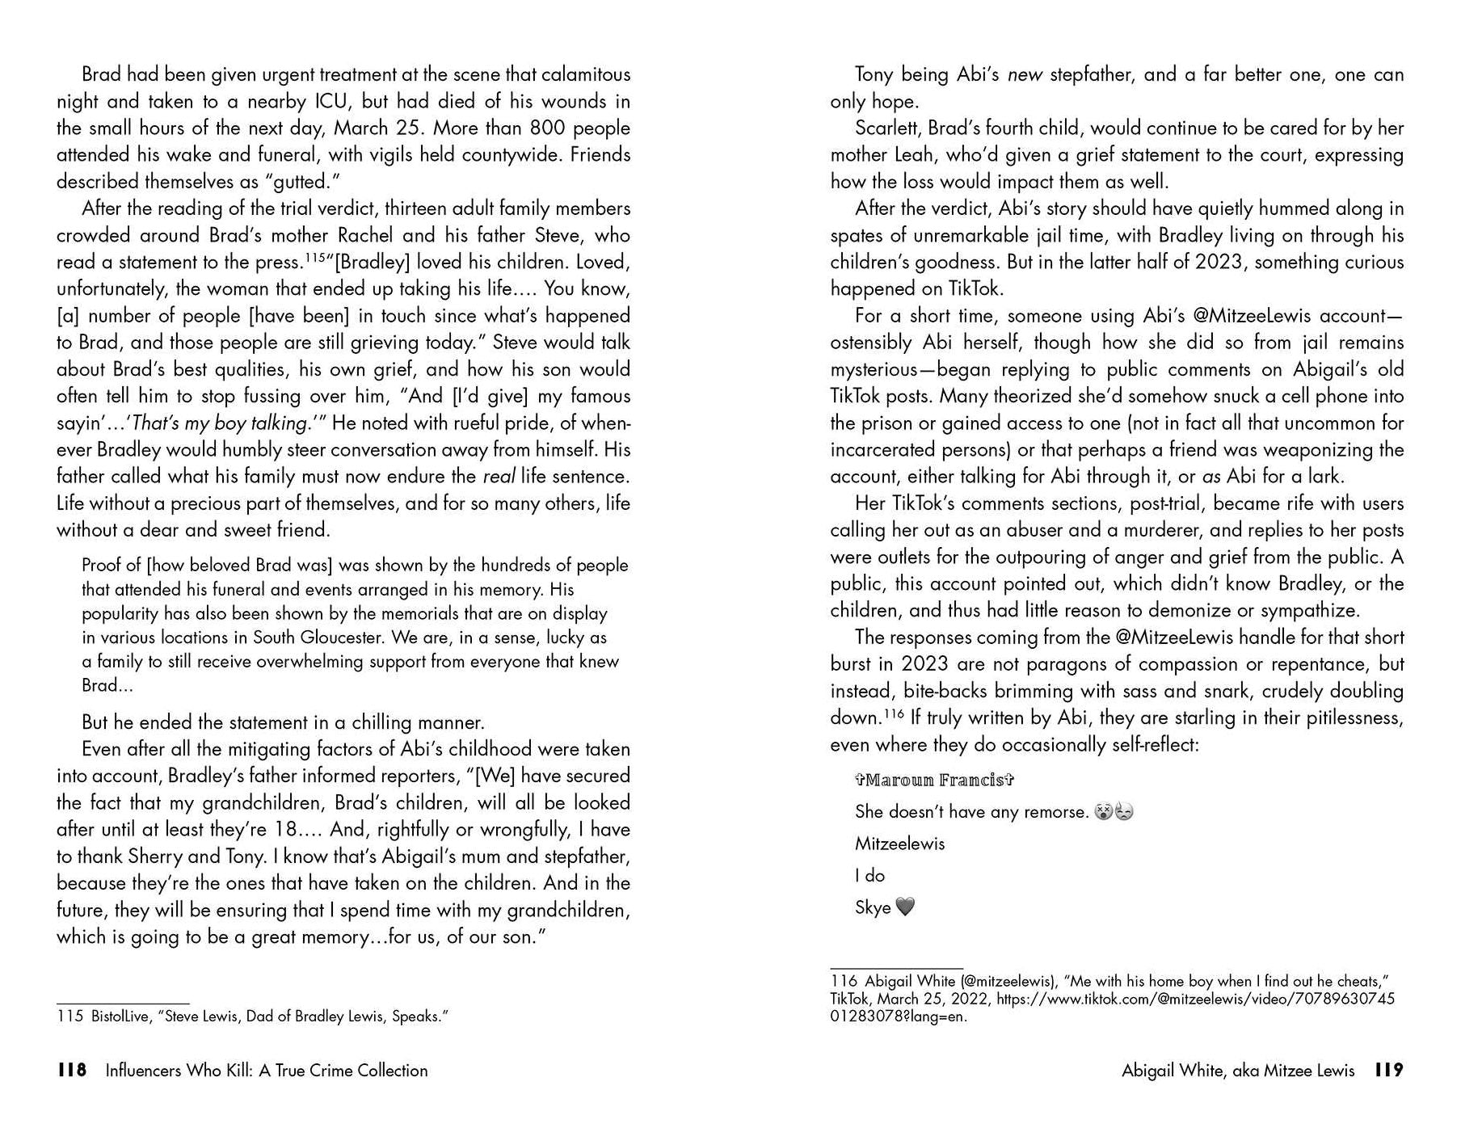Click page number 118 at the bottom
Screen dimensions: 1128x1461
(x=72, y=1071)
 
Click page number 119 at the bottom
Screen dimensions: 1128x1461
(x=1389, y=1071)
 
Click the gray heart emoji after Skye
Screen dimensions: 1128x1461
(x=905, y=907)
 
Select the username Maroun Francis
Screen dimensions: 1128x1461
(x=934, y=780)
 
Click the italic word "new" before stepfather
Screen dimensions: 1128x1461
(x=1025, y=75)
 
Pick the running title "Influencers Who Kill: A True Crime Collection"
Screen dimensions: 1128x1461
(x=267, y=1071)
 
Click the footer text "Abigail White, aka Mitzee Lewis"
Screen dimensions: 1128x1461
(x=1238, y=1071)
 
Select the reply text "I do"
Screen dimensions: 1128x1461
(x=869, y=875)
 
